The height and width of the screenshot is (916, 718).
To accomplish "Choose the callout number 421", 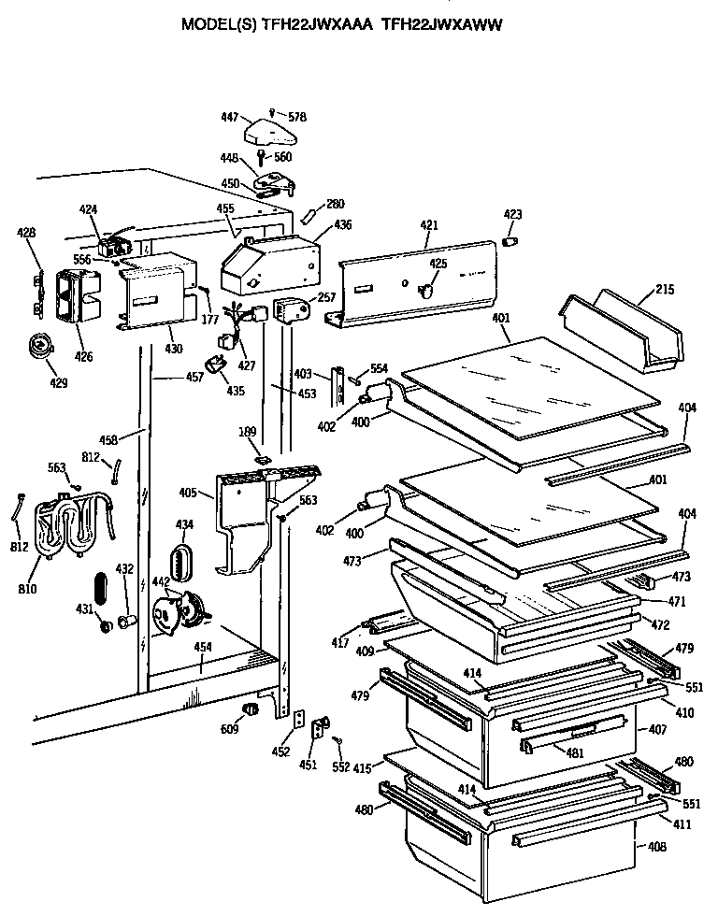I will (x=428, y=226).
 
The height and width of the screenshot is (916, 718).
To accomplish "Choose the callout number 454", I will (x=202, y=647).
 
